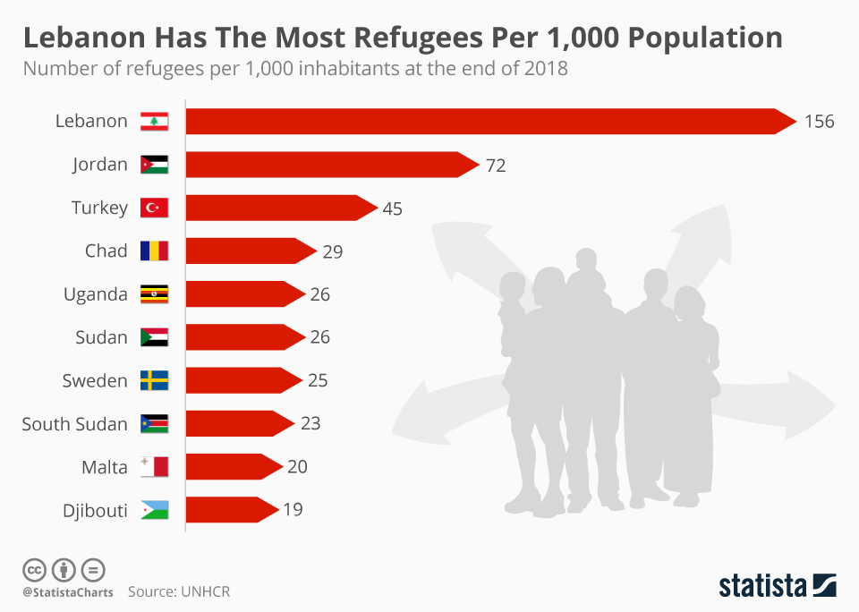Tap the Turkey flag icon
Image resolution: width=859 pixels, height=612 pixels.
coord(154,208)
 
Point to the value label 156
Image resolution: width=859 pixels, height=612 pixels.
coord(819,122)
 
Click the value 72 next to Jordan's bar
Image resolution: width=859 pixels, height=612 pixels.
coord(496,166)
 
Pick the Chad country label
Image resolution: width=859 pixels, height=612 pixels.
coord(106,251)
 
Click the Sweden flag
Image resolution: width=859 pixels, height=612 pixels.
coord(154,380)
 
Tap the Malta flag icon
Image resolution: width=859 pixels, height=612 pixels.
coord(154,466)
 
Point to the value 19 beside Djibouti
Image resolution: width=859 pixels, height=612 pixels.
coord(293,510)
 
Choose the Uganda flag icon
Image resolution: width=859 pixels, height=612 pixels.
coord(154,293)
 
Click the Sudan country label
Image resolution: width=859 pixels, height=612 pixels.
coord(102,337)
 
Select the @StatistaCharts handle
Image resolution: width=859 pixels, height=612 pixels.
coord(68,592)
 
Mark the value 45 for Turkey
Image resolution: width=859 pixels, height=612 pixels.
coord(392,208)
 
